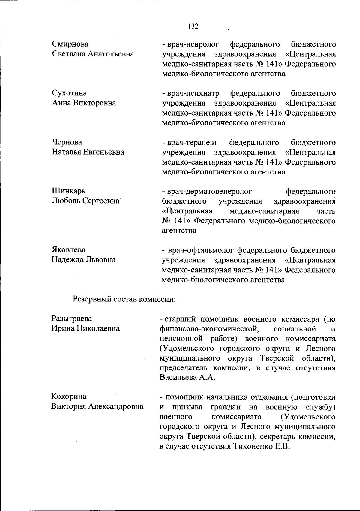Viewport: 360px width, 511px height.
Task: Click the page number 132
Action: point(193,26)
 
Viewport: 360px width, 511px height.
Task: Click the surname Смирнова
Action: point(70,44)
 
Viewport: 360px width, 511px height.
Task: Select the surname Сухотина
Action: point(70,93)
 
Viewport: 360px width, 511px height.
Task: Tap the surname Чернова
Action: point(67,142)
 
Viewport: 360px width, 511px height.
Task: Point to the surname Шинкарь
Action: point(69,191)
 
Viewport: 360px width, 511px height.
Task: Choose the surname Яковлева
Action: point(69,250)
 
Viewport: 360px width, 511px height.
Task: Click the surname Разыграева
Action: point(72,318)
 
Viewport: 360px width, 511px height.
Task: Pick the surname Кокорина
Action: point(69,397)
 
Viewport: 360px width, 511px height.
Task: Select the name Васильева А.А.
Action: point(187,377)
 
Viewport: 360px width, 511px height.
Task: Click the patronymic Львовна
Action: point(101,260)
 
